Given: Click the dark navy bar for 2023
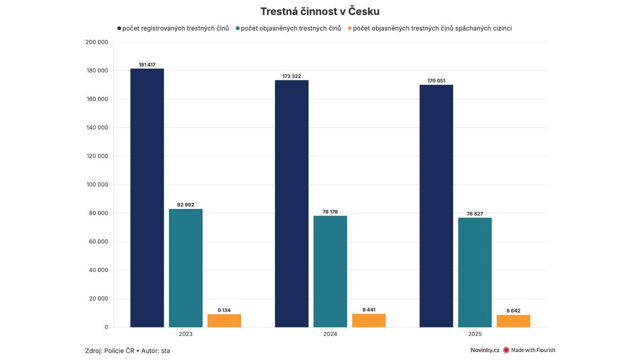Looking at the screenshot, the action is (x=147, y=198).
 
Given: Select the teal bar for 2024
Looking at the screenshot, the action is (x=330, y=271).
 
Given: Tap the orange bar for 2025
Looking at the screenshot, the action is (x=513, y=321).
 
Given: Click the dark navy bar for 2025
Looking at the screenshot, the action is (x=436, y=206).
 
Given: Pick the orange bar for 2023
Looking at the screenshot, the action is (x=224, y=320).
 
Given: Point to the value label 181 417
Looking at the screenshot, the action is (x=147, y=65).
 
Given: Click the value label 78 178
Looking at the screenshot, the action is (x=330, y=212).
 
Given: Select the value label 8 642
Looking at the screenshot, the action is (x=513, y=310).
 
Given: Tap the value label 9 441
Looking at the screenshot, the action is (x=369, y=309).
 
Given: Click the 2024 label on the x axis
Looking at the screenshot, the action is (x=330, y=334).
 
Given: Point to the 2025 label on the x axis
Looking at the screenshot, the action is (x=475, y=334).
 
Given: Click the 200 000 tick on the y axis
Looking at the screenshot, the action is (x=97, y=42).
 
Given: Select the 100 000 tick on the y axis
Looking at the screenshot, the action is (x=97, y=185).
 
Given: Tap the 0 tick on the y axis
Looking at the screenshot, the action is (x=106, y=327).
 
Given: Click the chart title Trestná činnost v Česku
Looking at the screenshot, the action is (x=320, y=12).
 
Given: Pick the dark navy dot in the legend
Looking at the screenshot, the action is (x=119, y=28).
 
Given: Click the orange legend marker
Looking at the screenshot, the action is (x=349, y=28).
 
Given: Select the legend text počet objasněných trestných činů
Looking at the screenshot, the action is (x=291, y=28).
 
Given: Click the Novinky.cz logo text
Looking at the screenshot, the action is (x=484, y=350).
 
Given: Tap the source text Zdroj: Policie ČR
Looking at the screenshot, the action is (x=109, y=350).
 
